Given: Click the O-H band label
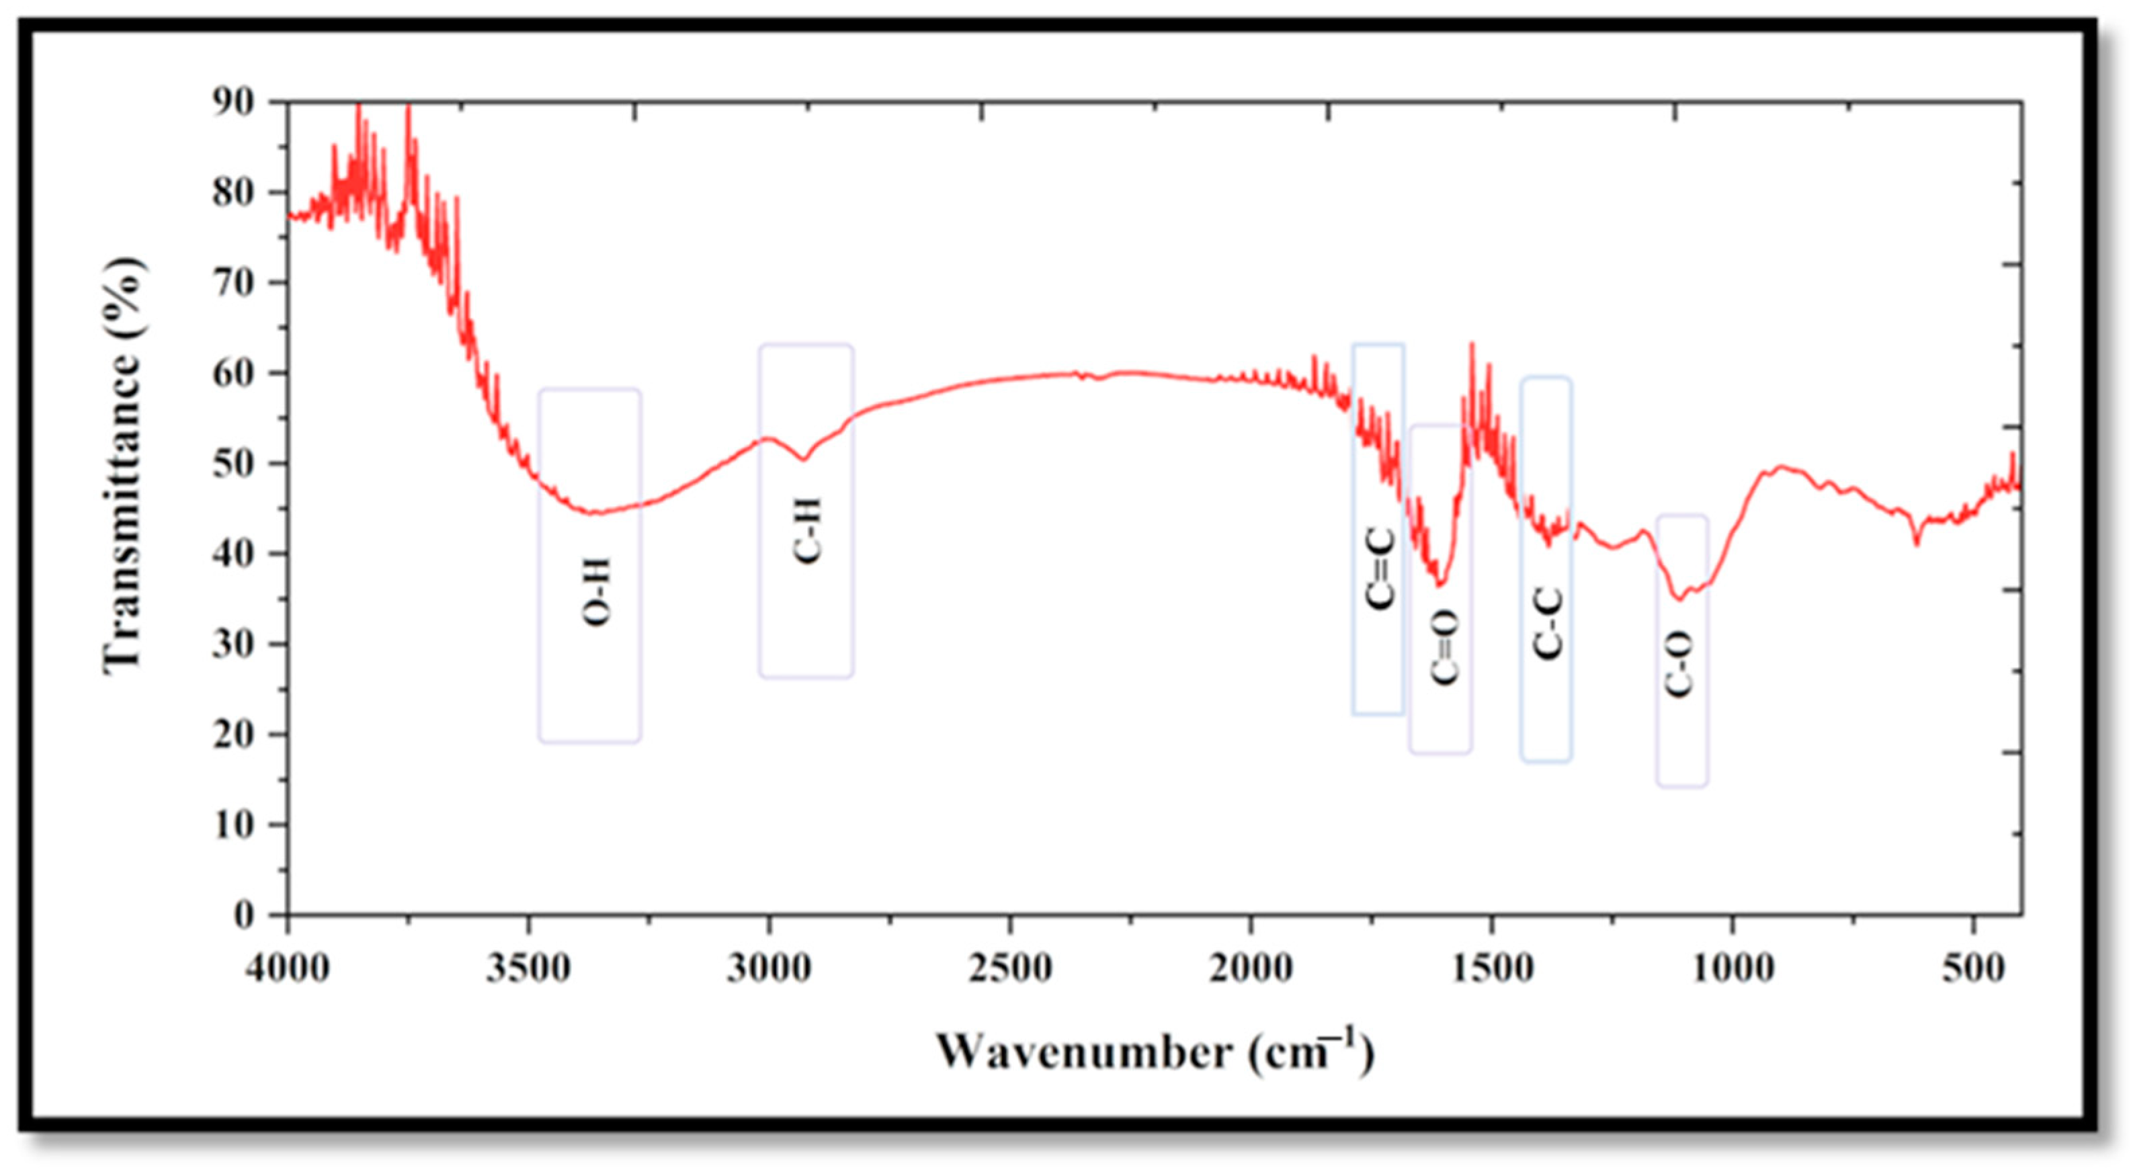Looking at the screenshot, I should (597, 592).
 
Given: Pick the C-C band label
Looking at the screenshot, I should (1548, 622).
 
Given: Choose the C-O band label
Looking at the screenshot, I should (1679, 663).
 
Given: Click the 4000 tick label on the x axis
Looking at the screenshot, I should (288, 967).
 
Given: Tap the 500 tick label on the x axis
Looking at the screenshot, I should (1974, 967).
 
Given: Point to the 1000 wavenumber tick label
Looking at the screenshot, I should (1733, 967).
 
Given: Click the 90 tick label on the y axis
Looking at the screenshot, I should (233, 103).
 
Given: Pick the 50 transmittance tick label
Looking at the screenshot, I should (233, 464).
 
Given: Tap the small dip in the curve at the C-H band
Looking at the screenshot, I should (803, 460).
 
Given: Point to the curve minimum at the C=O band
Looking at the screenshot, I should (1440, 585).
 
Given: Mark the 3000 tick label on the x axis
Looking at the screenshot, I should (769, 967).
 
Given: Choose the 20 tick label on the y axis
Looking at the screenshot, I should (233, 735).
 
